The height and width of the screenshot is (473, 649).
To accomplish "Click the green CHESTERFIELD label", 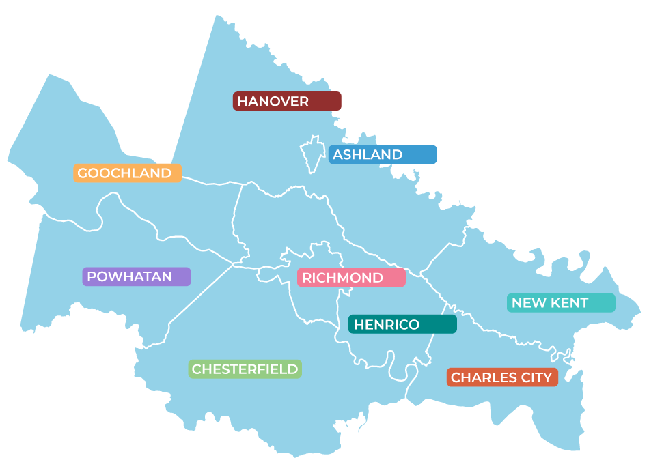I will coord(245,369).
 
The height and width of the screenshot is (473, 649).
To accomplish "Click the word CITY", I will coord(536,377).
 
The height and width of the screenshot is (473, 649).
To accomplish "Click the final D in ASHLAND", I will coord(397,155).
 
